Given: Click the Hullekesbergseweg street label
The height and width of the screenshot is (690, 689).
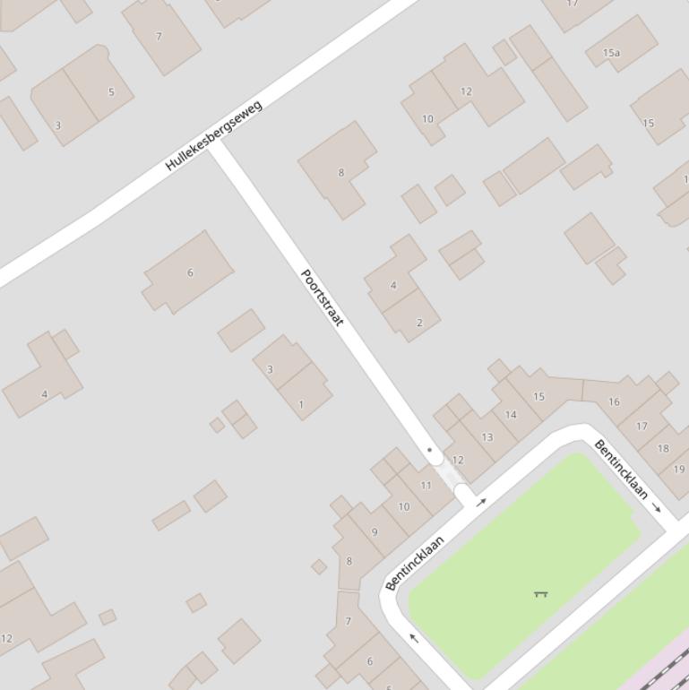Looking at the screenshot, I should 214,135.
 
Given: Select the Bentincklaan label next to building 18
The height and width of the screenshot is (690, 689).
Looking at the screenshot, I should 621,469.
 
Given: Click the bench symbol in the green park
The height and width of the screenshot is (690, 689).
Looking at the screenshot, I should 540,593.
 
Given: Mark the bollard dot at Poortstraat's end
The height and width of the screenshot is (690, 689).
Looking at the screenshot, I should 429,450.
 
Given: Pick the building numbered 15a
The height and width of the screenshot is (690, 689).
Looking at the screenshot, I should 611,53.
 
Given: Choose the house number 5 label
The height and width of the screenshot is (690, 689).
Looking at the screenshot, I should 111,91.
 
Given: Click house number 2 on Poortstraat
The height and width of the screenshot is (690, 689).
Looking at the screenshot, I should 419,323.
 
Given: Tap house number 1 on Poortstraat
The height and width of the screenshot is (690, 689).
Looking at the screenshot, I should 301,404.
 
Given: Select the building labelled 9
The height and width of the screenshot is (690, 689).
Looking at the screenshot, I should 375,531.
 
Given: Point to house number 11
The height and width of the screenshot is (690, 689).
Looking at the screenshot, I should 426,486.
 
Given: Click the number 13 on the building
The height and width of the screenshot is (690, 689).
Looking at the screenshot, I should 487,437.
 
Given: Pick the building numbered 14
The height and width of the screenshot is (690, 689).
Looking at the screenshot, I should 511,414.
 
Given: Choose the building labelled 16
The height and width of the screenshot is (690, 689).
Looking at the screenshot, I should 614,401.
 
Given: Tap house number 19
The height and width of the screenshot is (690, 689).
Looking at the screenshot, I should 679,469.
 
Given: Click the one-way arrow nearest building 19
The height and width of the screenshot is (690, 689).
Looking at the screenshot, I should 657,508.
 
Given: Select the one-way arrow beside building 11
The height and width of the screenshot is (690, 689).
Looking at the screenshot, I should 481,502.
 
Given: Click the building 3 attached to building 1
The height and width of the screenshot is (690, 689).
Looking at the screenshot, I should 270,368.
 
